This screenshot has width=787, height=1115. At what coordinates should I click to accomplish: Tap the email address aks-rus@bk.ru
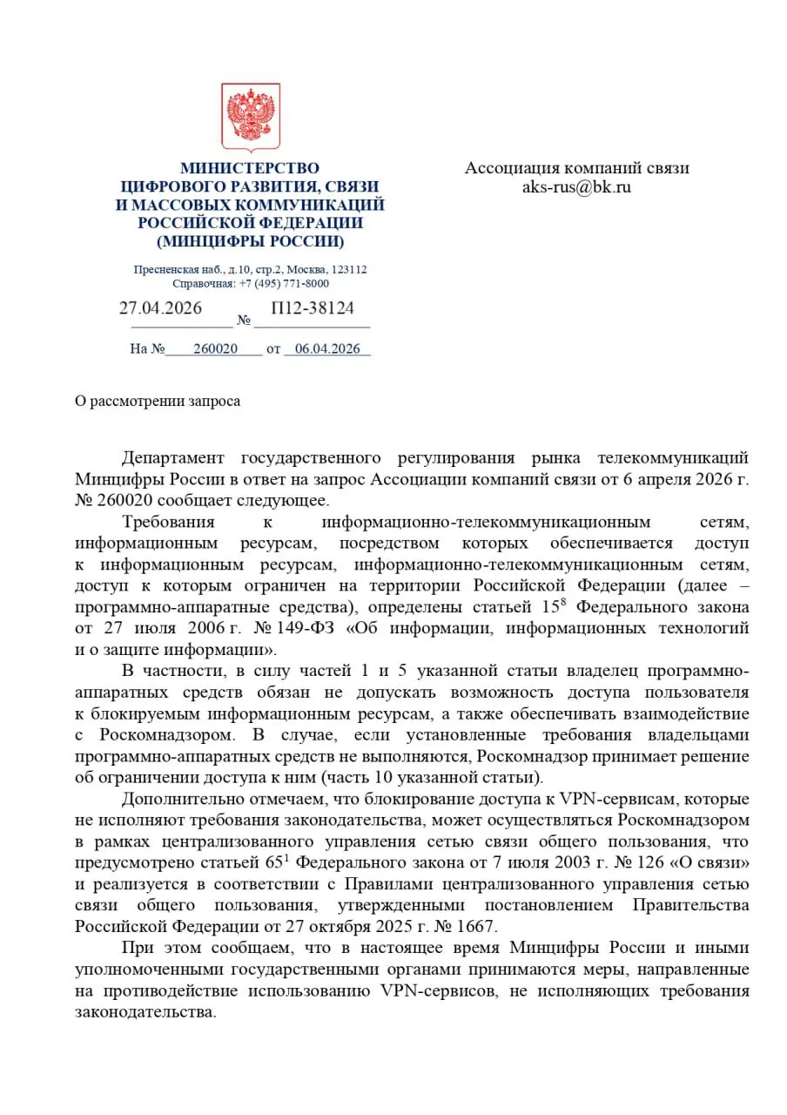tap(576, 186)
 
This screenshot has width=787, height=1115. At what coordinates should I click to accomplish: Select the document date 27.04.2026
tap(160, 308)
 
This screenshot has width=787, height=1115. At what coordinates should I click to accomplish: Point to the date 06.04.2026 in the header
tap(327, 348)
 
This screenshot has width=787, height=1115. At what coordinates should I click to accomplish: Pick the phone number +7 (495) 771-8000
tap(284, 283)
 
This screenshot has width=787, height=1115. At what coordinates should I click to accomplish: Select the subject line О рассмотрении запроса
tap(157, 401)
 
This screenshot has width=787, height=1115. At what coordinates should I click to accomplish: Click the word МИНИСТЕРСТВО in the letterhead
tap(250, 168)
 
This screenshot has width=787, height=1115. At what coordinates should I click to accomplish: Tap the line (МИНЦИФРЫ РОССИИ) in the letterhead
tap(250, 241)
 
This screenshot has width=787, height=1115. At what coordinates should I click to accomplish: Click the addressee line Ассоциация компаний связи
tap(576, 168)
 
